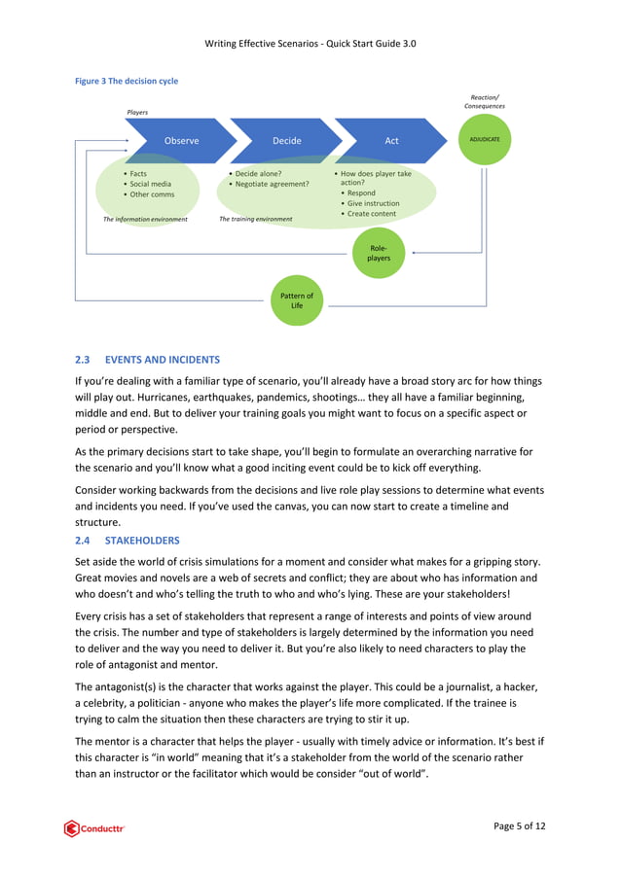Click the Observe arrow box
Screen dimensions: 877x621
[180, 140]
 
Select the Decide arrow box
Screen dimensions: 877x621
[286, 140]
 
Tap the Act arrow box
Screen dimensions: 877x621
[391, 140]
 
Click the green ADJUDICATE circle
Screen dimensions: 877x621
[484, 140]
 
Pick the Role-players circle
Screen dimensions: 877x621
[379, 253]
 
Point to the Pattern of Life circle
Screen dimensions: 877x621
[297, 300]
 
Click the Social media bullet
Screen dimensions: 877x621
[150, 184]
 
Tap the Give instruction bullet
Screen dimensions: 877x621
[373, 203]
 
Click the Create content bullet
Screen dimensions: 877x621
[371, 214]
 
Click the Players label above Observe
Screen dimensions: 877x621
[138, 113]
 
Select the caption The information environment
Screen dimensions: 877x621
[145, 220]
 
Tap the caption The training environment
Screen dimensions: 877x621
[255, 220]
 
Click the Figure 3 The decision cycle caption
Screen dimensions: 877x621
[127, 82]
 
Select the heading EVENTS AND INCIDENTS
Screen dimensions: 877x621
[163, 359]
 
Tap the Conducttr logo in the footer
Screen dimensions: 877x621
[95, 828]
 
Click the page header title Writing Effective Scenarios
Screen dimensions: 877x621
[310, 44]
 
